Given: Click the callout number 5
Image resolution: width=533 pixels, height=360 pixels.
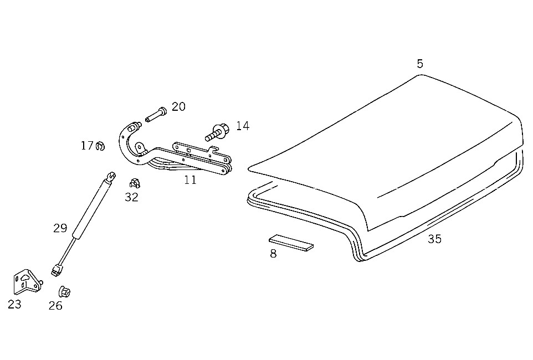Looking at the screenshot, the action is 420,64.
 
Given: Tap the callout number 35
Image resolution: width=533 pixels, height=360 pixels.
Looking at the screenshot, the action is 434,239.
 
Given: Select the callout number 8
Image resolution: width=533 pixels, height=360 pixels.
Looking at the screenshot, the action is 273,254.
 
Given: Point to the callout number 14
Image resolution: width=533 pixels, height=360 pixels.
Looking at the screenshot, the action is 243,126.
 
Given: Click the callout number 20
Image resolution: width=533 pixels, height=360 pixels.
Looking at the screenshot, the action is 178,107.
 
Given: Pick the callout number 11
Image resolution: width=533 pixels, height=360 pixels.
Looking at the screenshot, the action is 191,180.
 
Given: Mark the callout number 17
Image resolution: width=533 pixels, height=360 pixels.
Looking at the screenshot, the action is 86,146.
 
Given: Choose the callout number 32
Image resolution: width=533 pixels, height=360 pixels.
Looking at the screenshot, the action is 131,197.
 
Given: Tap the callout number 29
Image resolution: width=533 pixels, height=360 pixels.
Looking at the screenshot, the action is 60,228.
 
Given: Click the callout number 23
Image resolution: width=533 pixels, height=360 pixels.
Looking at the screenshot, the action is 14,304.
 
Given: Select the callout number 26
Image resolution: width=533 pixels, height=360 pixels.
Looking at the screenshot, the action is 55,306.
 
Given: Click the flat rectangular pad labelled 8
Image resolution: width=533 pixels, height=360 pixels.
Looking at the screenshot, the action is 291,243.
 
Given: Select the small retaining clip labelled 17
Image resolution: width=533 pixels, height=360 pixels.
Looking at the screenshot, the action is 100,146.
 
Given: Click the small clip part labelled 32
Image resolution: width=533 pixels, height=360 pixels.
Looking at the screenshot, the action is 135,183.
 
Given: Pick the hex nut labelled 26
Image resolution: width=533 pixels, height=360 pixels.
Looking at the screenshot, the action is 64,292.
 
